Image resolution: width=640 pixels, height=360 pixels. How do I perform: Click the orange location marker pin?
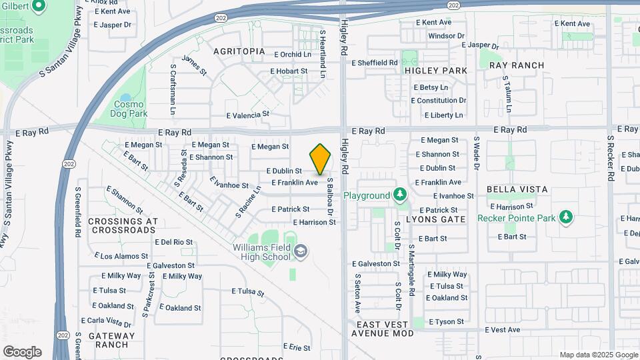click(x=321, y=159)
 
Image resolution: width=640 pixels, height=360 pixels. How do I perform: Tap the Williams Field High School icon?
click(x=301, y=251)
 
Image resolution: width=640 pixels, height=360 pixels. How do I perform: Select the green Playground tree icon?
click(x=399, y=195)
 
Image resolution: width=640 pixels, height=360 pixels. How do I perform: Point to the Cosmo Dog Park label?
click(x=129, y=109)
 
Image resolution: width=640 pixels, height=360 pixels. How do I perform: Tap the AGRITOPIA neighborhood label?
click(x=239, y=51)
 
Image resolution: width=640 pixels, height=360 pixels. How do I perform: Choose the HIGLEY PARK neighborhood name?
click(x=435, y=71)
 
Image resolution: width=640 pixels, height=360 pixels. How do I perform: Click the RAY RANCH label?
click(x=517, y=65)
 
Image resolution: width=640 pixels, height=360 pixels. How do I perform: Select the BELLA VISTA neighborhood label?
click(x=517, y=189)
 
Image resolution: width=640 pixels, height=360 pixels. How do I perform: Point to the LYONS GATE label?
click(x=435, y=219)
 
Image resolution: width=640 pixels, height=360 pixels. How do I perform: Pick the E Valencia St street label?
click(x=248, y=114)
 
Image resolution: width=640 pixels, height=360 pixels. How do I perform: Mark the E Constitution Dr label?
click(x=438, y=101)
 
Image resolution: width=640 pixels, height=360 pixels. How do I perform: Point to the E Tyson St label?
click(x=446, y=322)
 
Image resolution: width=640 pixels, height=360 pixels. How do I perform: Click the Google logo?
click(x=22, y=351)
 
